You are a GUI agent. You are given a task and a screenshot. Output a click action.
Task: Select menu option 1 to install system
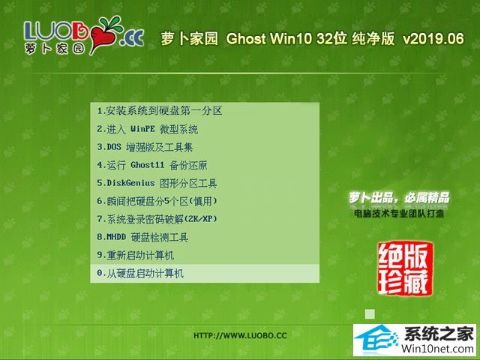[160, 111]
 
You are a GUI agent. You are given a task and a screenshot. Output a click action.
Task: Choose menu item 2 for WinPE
[148, 129]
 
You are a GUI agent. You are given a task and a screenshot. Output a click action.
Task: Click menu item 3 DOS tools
[145, 147]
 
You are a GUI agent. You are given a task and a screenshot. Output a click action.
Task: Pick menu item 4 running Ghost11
[152, 165]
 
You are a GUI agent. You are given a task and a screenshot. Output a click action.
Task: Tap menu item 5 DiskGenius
[157, 183]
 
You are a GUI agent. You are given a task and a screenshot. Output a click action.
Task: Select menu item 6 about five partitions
[157, 201]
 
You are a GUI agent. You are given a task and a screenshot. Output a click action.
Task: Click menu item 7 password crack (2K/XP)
[157, 219]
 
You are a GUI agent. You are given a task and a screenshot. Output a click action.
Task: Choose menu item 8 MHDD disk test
[142, 237]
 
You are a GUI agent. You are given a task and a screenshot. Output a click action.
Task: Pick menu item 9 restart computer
[135, 255]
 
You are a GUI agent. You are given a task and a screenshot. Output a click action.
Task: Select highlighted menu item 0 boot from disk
[140, 273]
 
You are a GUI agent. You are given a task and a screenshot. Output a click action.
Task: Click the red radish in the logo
[103, 35]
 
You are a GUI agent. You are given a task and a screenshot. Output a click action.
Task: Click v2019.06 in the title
[433, 38]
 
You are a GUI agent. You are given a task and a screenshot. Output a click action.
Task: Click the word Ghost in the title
[246, 38]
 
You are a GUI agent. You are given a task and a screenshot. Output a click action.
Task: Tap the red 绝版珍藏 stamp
[405, 268]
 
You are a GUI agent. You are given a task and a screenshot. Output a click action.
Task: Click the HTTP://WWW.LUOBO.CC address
[240, 335]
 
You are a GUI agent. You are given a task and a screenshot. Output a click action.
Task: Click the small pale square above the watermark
[370, 313]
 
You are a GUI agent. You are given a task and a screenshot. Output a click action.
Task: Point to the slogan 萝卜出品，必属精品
[399, 198]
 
